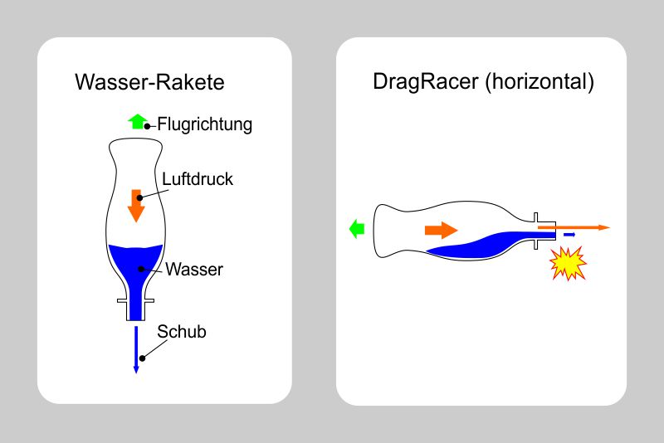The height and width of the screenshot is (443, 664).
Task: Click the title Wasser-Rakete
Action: click(149, 83)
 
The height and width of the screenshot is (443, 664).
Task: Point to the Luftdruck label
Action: click(198, 178)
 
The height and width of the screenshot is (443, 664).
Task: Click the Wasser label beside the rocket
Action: click(194, 270)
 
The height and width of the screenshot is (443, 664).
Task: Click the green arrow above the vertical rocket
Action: click(137, 121)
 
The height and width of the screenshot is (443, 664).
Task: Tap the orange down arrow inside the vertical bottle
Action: click(136, 204)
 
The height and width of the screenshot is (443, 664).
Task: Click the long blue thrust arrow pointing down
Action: click(136, 348)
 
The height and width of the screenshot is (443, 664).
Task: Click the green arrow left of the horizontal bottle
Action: click(357, 229)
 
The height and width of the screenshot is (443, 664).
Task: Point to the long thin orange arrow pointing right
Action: click(581, 226)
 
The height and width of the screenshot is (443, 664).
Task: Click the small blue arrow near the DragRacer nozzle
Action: click(569, 236)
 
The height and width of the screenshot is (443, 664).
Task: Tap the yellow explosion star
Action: click(569, 265)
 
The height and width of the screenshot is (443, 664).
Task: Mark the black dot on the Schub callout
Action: click(144, 358)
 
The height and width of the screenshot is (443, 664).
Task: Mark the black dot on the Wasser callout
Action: click(142, 269)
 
